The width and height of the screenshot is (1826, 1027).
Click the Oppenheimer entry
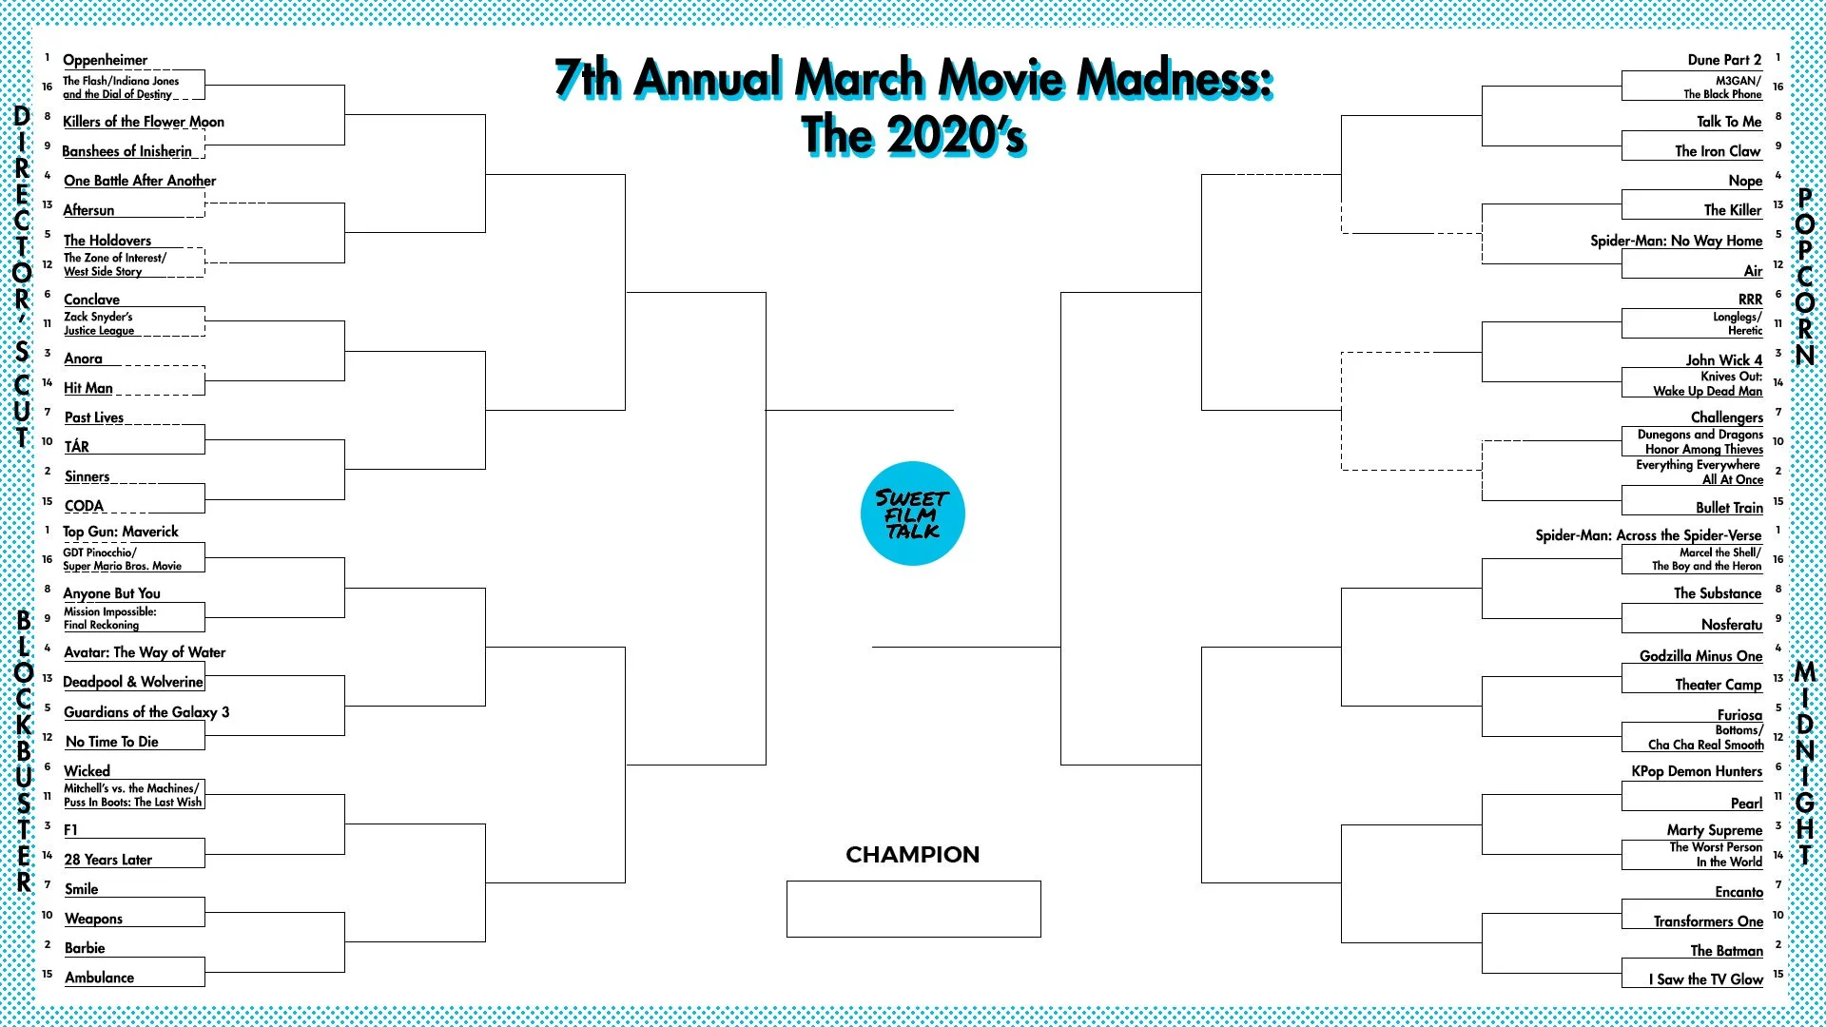pyautogui.click(x=105, y=60)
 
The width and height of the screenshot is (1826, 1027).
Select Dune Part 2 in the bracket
pyautogui.click(x=1723, y=60)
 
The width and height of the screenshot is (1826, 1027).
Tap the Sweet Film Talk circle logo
pyautogui.click(x=912, y=513)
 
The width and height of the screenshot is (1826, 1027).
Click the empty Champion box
pyautogui.click(x=913, y=909)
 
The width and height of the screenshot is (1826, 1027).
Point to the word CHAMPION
pyautogui.click(x=912, y=855)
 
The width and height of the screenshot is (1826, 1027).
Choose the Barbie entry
pyautogui.click(x=85, y=948)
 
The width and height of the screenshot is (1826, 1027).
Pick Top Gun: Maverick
pyautogui.click(x=120, y=532)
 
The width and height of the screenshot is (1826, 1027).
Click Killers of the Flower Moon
pyautogui.click(x=143, y=122)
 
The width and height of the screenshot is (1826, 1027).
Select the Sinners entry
pyautogui.click(x=87, y=476)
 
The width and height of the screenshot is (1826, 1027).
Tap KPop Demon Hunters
pyautogui.click(x=1696, y=771)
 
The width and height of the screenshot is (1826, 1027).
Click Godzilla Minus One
pyautogui.click(x=1700, y=656)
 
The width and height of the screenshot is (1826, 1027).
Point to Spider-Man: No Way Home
pyautogui.click(x=1675, y=241)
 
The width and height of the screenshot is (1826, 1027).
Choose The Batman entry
pyautogui.click(x=1726, y=951)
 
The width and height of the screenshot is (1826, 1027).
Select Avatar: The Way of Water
pyautogui.click(x=144, y=652)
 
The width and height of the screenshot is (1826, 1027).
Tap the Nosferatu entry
pyautogui.click(x=1731, y=625)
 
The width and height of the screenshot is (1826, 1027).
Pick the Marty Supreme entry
pyautogui.click(x=1714, y=830)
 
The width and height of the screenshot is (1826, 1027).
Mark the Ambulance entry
pyautogui.click(x=99, y=978)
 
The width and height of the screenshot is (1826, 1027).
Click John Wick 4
pyautogui.click(x=1723, y=360)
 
